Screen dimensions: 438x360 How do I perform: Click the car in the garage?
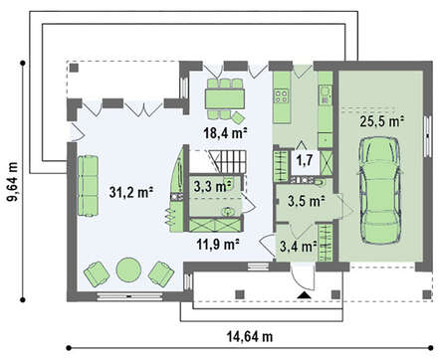coord(380,191)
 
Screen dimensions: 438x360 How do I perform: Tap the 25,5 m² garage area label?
coord(382,121)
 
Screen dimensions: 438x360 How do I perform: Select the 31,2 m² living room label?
coord(131,192)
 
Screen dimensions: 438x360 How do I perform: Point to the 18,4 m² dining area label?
coord(225,133)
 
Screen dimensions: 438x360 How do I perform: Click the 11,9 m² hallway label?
coord(218,245)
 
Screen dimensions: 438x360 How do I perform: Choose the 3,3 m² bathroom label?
coord(213,187)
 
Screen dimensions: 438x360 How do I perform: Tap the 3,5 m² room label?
coord(306,201)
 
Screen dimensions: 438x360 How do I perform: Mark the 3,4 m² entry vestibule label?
coord(298,247)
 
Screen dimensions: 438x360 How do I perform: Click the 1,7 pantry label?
coord(305,160)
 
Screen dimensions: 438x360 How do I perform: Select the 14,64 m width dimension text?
coord(250,337)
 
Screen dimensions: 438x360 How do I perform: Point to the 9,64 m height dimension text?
coord(13,182)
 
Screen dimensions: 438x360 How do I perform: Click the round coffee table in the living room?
coord(128,270)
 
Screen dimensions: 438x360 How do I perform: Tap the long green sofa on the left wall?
coord(88,186)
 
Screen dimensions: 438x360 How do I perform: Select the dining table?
coord(225,98)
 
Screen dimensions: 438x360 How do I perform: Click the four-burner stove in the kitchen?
coord(281,96)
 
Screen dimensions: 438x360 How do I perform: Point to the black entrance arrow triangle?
coord(304,295)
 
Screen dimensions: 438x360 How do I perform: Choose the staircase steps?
coord(228,162)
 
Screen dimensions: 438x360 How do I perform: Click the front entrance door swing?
coord(303,277)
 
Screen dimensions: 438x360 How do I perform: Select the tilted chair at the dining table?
coord(238,117)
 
